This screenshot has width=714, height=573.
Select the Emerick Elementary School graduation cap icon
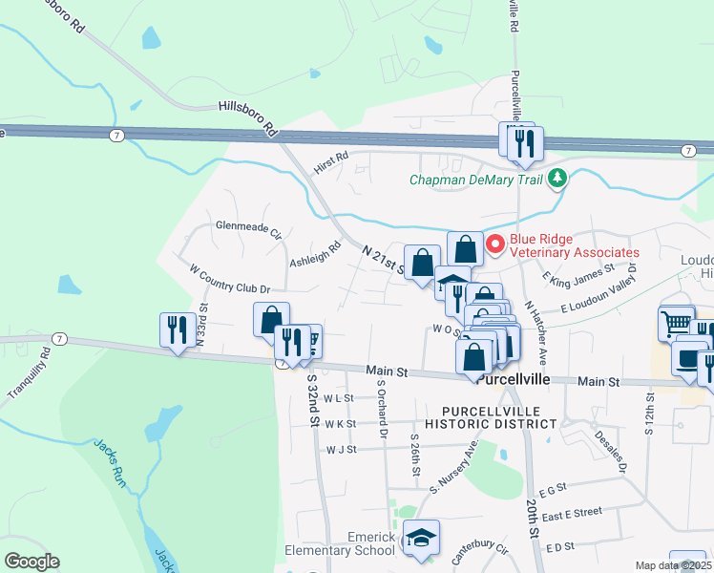[420, 539]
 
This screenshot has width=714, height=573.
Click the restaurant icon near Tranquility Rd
[177, 330]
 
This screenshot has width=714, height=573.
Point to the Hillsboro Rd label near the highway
[246, 117]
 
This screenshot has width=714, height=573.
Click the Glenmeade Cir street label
[248, 230]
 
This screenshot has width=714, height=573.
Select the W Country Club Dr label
[230, 280]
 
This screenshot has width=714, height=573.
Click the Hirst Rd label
[331, 162]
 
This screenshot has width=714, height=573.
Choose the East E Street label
[571, 513]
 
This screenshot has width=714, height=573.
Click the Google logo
[31, 562]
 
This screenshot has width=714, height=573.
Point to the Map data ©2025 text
[673, 565]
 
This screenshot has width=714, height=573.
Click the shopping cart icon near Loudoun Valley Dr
[676, 323]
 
